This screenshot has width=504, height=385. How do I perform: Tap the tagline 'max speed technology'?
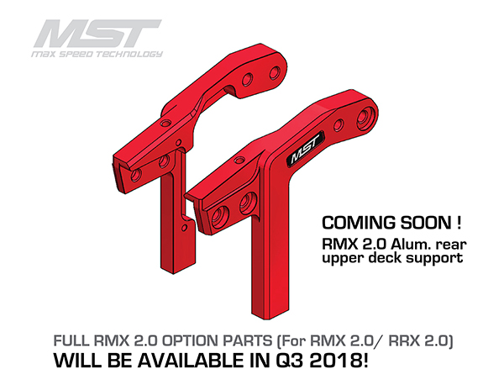(97, 54)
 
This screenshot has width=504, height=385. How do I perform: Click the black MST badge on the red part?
(305, 150)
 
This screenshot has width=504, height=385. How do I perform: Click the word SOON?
(425, 223)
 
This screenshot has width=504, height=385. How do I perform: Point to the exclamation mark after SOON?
(459, 223)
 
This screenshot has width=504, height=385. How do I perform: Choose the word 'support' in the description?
(434, 259)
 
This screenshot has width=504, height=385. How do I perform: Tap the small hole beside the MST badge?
(339, 125)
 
